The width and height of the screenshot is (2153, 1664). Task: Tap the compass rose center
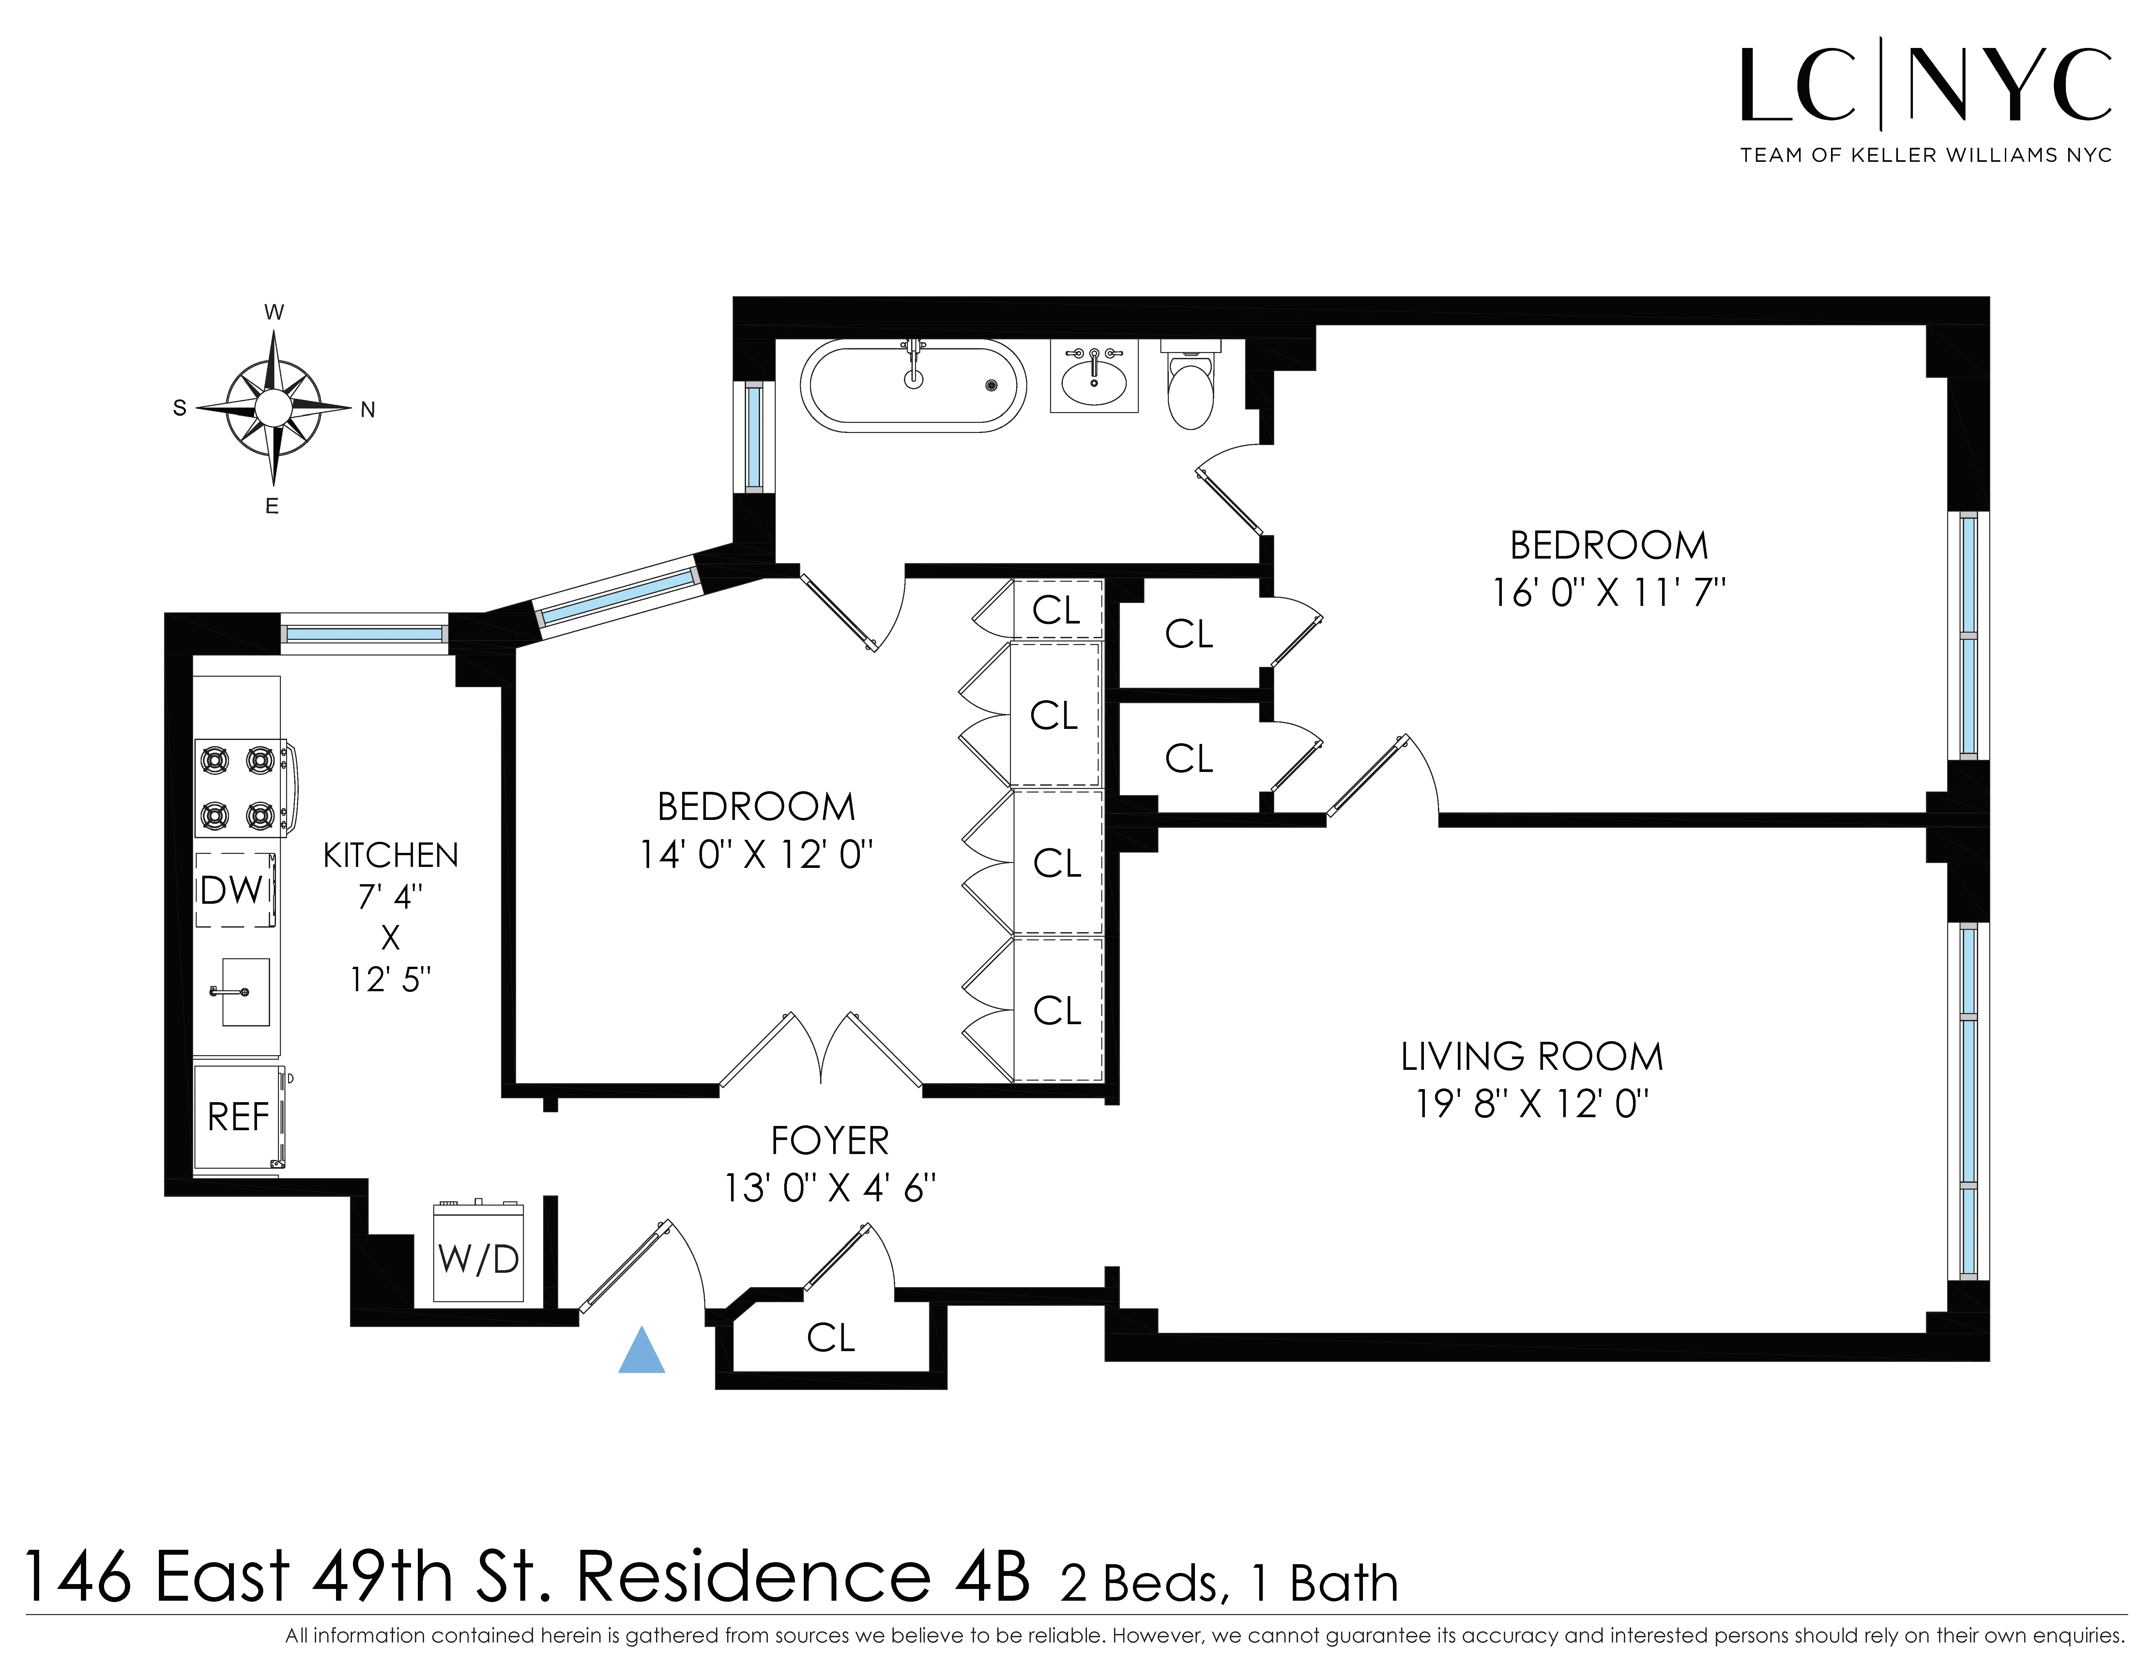(x=273, y=407)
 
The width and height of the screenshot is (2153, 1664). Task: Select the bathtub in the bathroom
(x=913, y=385)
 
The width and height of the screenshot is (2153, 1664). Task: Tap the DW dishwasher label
(x=233, y=890)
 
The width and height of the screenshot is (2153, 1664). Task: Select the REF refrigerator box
(x=238, y=1117)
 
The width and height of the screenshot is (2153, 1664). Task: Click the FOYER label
(x=829, y=1141)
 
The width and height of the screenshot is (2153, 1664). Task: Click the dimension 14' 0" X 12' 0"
(x=756, y=854)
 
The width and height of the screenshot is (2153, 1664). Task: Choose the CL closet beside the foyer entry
(x=830, y=1338)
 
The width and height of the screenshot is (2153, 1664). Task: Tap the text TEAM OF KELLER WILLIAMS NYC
(x=1925, y=156)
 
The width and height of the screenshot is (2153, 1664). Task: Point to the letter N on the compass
(x=368, y=410)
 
